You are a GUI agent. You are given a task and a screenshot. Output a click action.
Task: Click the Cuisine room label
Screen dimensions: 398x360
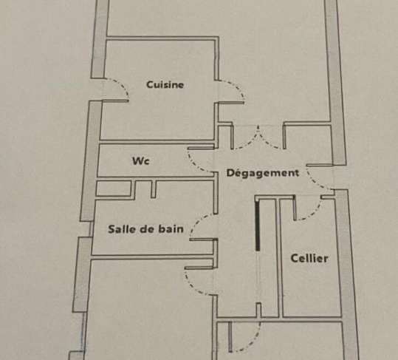pyautogui.click(x=165, y=84)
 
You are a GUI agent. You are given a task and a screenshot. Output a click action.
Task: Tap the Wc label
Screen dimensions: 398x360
pyautogui.click(x=141, y=161)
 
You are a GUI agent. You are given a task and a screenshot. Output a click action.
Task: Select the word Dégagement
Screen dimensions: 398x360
pyautogui.click(x=262, y=173)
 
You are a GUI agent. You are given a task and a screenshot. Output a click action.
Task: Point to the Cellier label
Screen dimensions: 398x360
pyautogui.click(x=309, y=259)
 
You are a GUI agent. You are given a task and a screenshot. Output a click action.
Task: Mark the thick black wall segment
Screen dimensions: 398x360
pyautogui.click(x=258, y=225)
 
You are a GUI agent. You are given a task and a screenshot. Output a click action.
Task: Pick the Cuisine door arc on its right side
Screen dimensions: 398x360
pyautogui.click(x=237, y=88)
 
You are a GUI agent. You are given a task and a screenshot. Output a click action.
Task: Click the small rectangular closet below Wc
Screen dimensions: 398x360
pyautogui.click(x=114, y=189)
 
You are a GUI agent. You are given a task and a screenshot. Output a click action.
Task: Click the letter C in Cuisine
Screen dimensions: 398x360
pyautogui.click(x=149, y=84)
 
